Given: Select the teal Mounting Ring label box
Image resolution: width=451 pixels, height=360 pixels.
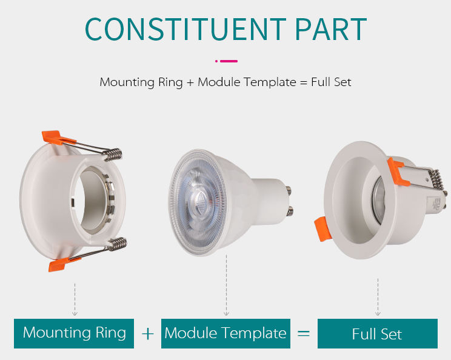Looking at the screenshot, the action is (x=74, y=333).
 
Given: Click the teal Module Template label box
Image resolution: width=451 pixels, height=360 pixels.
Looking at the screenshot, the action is (x=225, y=333).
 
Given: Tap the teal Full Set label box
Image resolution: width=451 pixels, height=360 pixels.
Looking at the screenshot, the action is (x=377, y=334).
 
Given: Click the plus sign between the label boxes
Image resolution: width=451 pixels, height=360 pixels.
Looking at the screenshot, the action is (x=148, y=334).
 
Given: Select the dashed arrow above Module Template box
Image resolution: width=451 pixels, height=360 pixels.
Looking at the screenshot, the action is (x=226, y=285).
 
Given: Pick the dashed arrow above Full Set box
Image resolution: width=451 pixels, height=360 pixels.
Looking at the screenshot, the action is (x=378, y=297).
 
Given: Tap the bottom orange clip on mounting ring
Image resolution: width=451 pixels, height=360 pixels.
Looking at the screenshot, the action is (x=57, y=264).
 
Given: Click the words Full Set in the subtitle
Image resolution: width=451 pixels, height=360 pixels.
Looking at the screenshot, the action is (x=331, y=82).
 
